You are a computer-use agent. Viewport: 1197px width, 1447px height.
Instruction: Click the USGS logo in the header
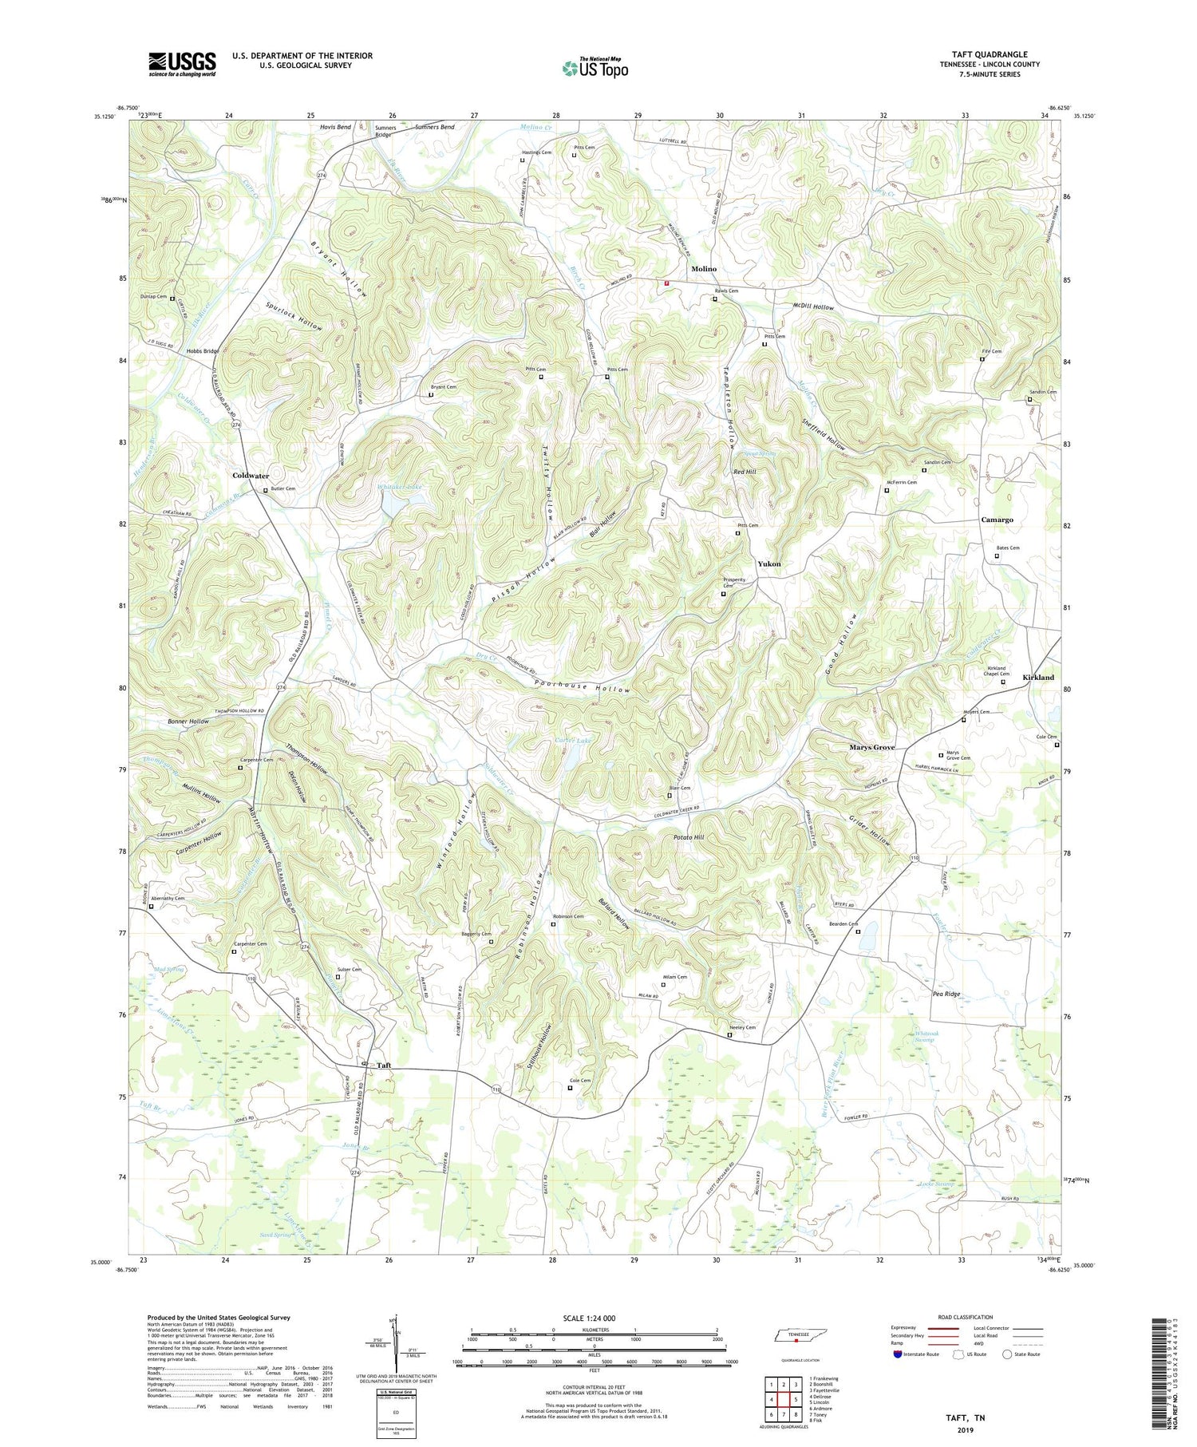point(182,64)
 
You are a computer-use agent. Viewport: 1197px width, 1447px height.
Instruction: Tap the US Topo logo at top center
point(595,68)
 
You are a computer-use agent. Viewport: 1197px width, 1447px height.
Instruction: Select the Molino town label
point(704,269)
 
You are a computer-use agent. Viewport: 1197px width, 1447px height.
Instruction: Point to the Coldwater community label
point(251,476)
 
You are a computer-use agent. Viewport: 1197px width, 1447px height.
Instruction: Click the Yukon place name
point(769,563)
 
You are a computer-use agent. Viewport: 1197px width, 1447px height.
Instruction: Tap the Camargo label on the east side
point(997,520)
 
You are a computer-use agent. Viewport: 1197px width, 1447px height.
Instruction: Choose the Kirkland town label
point(1038,677)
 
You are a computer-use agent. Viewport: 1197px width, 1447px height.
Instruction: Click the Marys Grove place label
point(871,747)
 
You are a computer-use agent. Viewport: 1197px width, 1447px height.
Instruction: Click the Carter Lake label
point(573,741)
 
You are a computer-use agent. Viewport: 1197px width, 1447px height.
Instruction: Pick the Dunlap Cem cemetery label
point(151,296)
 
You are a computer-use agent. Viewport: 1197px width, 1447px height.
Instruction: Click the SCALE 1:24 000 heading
point(593,1318)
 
